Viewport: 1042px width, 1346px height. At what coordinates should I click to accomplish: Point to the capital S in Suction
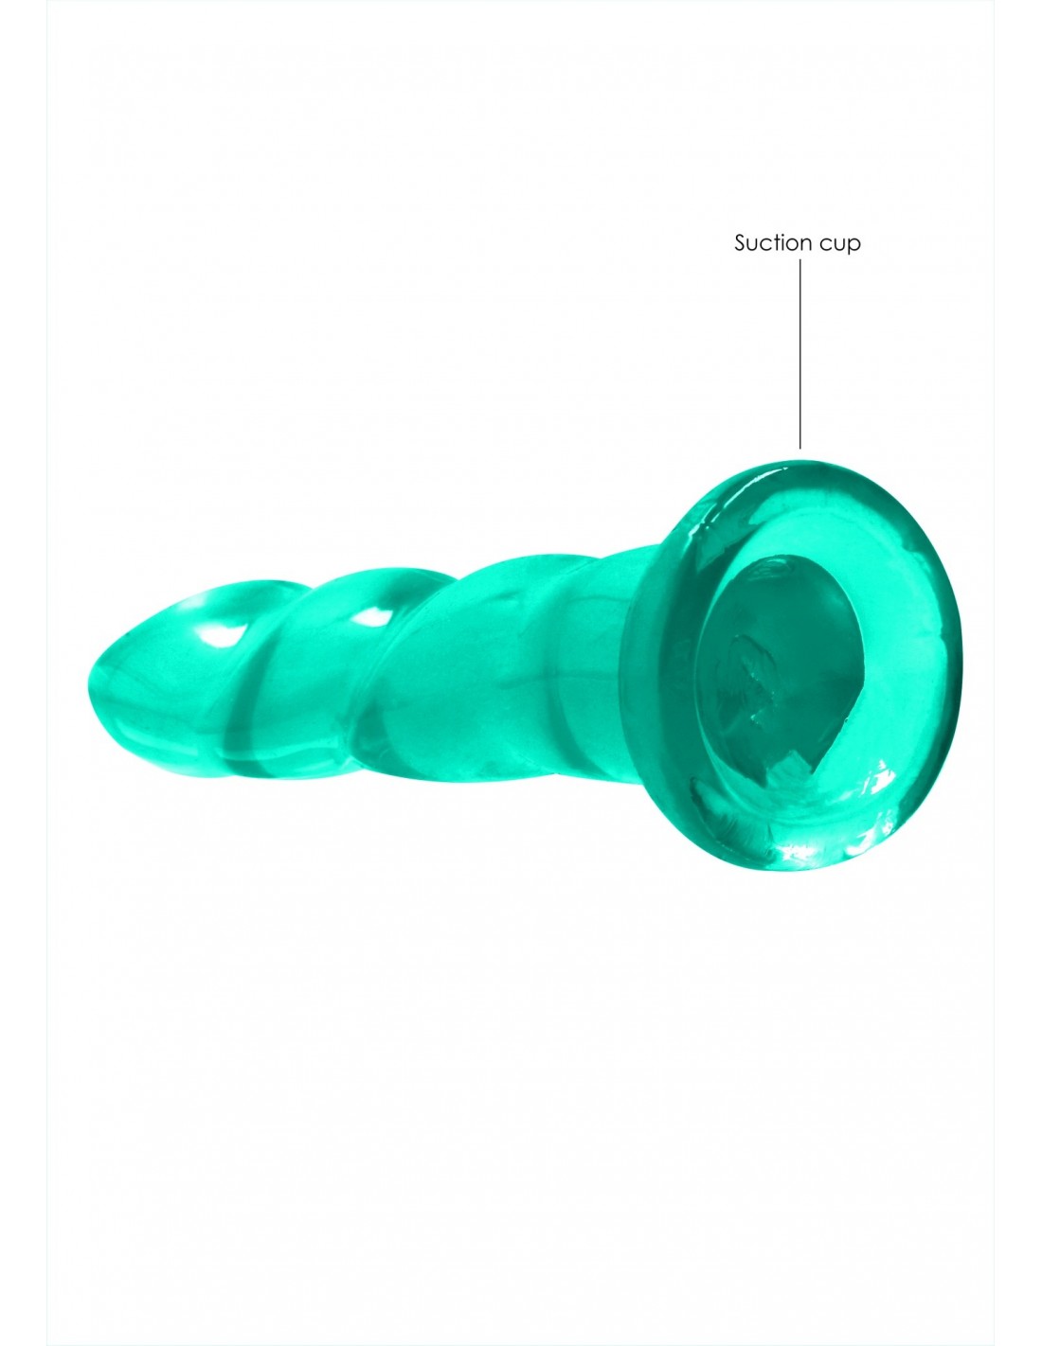(740, 243)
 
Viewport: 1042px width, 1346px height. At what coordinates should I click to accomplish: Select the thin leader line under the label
(800, 353)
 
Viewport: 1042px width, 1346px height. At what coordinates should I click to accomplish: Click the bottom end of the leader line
(800, 447)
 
